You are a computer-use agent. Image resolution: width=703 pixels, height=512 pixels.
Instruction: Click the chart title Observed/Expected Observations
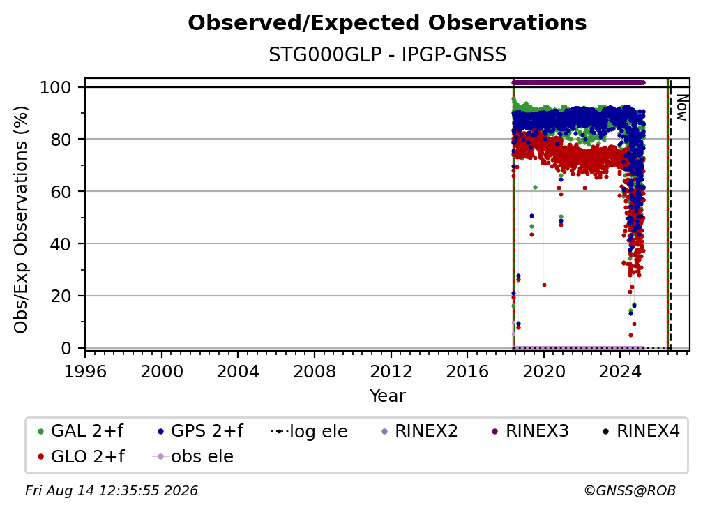tap(387, 23)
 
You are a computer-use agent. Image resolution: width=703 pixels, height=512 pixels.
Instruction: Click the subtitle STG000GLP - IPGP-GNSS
tap(387, 55)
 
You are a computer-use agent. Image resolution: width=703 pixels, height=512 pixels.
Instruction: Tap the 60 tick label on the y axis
tap(61, 192)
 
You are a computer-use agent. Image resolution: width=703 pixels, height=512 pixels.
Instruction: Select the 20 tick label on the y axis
tap(61, 296)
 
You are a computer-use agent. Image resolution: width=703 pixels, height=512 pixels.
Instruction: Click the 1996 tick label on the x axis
tap(85, 372)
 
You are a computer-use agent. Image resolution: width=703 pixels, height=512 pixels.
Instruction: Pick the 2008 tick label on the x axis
tap(315, 372)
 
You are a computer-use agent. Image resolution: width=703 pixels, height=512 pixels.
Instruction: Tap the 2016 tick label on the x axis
tap(467, 372)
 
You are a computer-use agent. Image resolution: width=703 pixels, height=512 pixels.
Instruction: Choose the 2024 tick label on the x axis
tap(620, 372)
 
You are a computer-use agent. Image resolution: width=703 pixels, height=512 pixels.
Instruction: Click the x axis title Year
tap(387, 396)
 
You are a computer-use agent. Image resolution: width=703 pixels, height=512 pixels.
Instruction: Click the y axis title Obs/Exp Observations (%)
tap(21, 220)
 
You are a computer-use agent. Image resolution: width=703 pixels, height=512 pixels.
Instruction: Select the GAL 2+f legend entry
tap(81, 431)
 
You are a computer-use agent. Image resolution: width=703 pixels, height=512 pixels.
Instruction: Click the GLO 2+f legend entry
tap(81, 457)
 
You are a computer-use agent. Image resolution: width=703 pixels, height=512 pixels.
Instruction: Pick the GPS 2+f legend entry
tap(200, 431)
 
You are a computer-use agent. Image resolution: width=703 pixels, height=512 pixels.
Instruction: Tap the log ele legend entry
tap(310, 431)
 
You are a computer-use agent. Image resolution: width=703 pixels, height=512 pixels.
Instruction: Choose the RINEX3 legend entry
tap(530, 431)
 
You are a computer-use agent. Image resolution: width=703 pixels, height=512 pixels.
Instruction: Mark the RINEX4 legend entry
tap(641, 431)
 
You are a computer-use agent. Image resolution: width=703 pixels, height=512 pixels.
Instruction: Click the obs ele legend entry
tap(193, 457)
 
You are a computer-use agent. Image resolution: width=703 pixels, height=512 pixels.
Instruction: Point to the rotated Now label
tap(681, 107)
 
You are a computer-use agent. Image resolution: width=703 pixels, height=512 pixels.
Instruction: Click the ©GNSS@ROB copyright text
tap(630, 491)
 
